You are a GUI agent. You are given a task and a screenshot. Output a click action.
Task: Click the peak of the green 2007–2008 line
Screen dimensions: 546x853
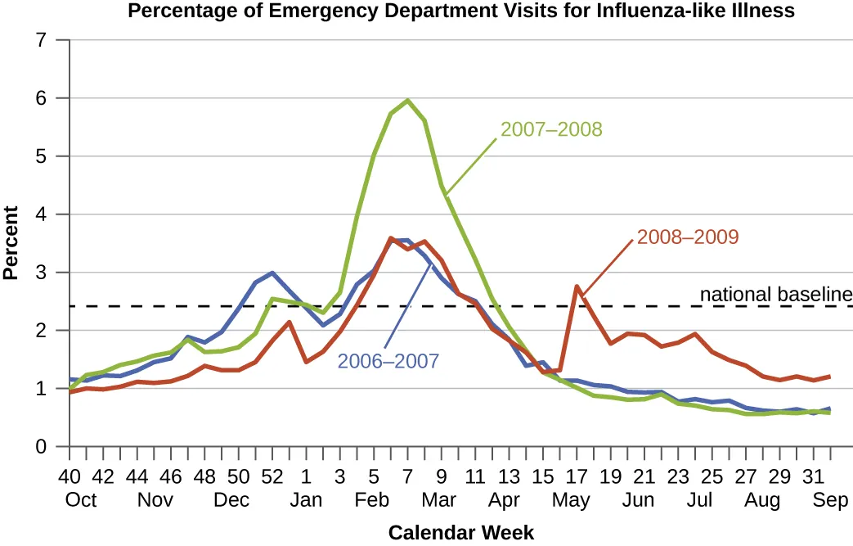coord(407,101)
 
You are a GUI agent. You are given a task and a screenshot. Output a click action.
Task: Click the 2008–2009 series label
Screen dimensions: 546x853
coord(687,237)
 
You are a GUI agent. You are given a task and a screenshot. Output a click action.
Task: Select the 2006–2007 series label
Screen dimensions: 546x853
coord(388,360)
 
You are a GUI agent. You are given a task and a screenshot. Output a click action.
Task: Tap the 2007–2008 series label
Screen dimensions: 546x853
coord(550,129)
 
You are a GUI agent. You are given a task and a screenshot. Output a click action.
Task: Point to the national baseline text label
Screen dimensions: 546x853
coord(776,294)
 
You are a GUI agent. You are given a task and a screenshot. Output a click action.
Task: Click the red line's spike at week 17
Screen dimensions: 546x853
coord(577,287)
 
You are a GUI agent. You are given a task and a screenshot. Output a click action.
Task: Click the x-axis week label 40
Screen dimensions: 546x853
coord(70,476)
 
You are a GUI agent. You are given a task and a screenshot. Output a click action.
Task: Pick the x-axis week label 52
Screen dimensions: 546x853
coord(272,476)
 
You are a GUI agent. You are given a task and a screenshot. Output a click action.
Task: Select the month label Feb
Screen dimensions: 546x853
coord(373,500)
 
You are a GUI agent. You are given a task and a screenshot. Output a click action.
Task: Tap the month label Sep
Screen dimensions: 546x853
coord(831,500)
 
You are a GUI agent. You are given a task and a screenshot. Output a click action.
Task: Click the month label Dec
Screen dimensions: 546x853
coord(231,500)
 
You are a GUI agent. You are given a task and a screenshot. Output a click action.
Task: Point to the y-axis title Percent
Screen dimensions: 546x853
coord(11,243)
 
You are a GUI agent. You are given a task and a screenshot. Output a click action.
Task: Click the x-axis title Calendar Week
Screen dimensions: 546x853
coord(460,533)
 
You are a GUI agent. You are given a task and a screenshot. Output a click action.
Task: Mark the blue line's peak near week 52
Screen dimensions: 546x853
coord(272,273)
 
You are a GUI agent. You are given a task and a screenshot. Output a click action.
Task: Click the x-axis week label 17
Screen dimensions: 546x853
coord(577,476)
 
